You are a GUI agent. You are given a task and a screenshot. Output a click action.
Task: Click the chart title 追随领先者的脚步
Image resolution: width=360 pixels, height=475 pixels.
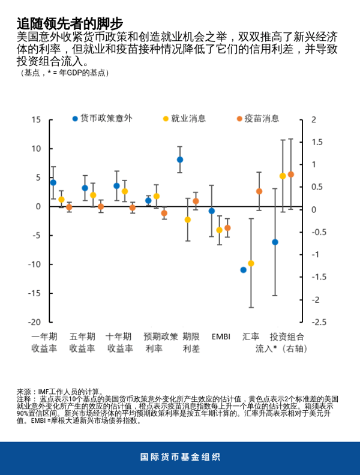point(70,23)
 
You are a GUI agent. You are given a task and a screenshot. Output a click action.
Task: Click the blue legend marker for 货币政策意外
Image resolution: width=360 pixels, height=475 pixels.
point(74,119)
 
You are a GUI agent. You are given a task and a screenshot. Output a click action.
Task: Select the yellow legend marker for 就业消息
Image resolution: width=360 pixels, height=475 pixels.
point(166,119)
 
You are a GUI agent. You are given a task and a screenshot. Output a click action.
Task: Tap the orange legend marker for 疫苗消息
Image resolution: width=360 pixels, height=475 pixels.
point(238,119)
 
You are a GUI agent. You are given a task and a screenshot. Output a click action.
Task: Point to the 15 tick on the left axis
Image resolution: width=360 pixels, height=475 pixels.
point(35,120)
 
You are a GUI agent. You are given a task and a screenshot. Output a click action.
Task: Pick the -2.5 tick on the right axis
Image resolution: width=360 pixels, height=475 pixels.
point(318,322)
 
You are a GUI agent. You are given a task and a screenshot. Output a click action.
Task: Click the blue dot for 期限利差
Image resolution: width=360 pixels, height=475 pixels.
point(180,160)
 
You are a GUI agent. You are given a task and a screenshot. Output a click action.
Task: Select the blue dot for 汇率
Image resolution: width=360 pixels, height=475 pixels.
point(244,270)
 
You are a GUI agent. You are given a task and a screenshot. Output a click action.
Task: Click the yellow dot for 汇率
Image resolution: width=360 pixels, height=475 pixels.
point(251,263)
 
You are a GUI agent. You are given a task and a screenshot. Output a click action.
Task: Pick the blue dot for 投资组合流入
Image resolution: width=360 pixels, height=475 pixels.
point(275,242)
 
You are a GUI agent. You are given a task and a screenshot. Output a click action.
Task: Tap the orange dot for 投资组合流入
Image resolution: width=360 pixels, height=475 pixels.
point(291,175)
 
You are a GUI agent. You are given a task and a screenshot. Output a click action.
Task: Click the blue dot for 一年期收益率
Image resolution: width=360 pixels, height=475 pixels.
point(53,182)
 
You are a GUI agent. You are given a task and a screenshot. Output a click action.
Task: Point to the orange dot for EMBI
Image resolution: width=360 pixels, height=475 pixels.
point(227,228)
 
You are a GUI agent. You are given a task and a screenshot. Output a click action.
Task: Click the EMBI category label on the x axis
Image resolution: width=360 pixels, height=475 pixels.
point(220,336)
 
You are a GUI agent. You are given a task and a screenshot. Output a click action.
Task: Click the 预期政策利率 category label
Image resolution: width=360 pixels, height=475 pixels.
point(160,342)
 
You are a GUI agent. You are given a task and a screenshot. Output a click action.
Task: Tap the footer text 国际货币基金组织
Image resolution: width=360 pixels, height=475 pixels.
point(180,457)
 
